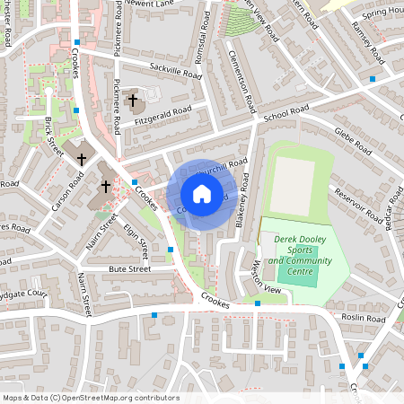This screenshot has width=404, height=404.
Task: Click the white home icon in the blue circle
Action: point(201,194)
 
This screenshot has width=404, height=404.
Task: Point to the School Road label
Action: point(286,114)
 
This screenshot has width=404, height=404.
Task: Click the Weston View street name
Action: point(267,278)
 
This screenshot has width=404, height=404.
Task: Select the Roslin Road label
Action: point(363,319)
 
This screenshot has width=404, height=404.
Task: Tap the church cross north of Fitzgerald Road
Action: point(134,101)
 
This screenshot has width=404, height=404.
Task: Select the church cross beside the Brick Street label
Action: point(82,159)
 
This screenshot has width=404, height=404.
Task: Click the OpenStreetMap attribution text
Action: point(90,398)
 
